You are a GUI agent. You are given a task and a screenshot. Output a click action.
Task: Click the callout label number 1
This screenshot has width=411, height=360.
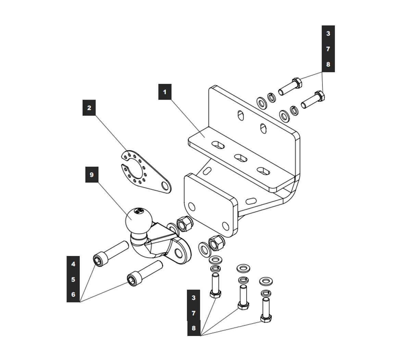point(165,92)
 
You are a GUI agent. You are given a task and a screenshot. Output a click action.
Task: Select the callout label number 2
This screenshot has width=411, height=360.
point(89,108)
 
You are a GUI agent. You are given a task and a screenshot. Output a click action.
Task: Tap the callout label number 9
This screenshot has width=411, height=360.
point(91,175)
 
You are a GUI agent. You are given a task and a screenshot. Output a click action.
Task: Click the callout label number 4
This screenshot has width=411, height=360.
point(73,264)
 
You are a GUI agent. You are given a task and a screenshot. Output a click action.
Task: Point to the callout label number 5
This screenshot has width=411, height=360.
point(73,279)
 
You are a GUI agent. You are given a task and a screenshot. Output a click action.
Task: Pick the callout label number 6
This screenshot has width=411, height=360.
point(73,294)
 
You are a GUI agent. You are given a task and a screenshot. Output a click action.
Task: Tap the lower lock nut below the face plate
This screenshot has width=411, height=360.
point(216,243)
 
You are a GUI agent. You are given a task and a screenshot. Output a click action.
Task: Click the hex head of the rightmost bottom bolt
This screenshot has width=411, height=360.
point(265,319)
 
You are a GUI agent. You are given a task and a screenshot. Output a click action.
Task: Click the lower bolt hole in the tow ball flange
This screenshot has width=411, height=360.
point(178,253)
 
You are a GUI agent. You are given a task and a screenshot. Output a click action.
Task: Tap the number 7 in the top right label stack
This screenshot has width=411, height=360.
point(328,49)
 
